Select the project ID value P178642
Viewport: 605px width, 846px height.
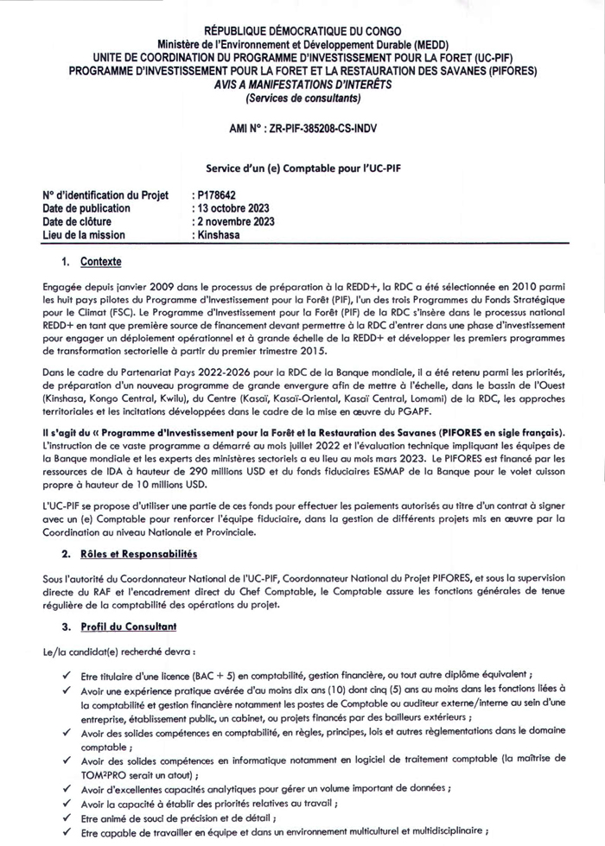(215, 196)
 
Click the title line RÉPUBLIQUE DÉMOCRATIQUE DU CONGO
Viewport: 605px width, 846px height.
(302, 32)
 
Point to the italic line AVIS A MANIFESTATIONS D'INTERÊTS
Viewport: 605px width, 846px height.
(302, 84)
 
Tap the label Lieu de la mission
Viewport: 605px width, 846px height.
(84, 234)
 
